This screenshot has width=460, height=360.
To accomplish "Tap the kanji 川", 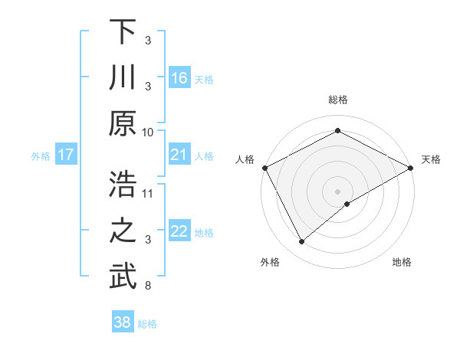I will (x=123, y=79).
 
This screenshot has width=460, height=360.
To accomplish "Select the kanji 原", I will (x=123, y=125).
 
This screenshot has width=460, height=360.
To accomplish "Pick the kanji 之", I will (x=123, y=232).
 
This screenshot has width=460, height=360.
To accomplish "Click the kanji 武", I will (x=123, y=278).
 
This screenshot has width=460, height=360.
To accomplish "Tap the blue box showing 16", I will (x=179, y=78).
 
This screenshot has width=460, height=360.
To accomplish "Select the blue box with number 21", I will (x=179, y=155).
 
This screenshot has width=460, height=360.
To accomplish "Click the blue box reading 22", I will (x=179, y=232).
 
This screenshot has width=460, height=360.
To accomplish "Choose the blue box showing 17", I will (x=65, y=155).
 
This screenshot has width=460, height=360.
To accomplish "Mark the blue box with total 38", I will (x=122, y=322).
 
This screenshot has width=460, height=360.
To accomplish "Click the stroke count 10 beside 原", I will (x=148, y=132).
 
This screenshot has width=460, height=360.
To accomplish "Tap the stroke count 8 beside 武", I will (x=147, y=286).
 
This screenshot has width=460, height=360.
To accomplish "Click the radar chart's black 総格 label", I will (x=338, y=100).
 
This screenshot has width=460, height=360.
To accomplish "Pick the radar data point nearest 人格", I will (x=265, y=167).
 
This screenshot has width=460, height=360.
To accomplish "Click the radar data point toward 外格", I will (x=302, y=241).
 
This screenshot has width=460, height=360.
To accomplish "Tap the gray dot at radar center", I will (x=338, y=191).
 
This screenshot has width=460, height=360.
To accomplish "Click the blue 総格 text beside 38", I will (x=147, y=324).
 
